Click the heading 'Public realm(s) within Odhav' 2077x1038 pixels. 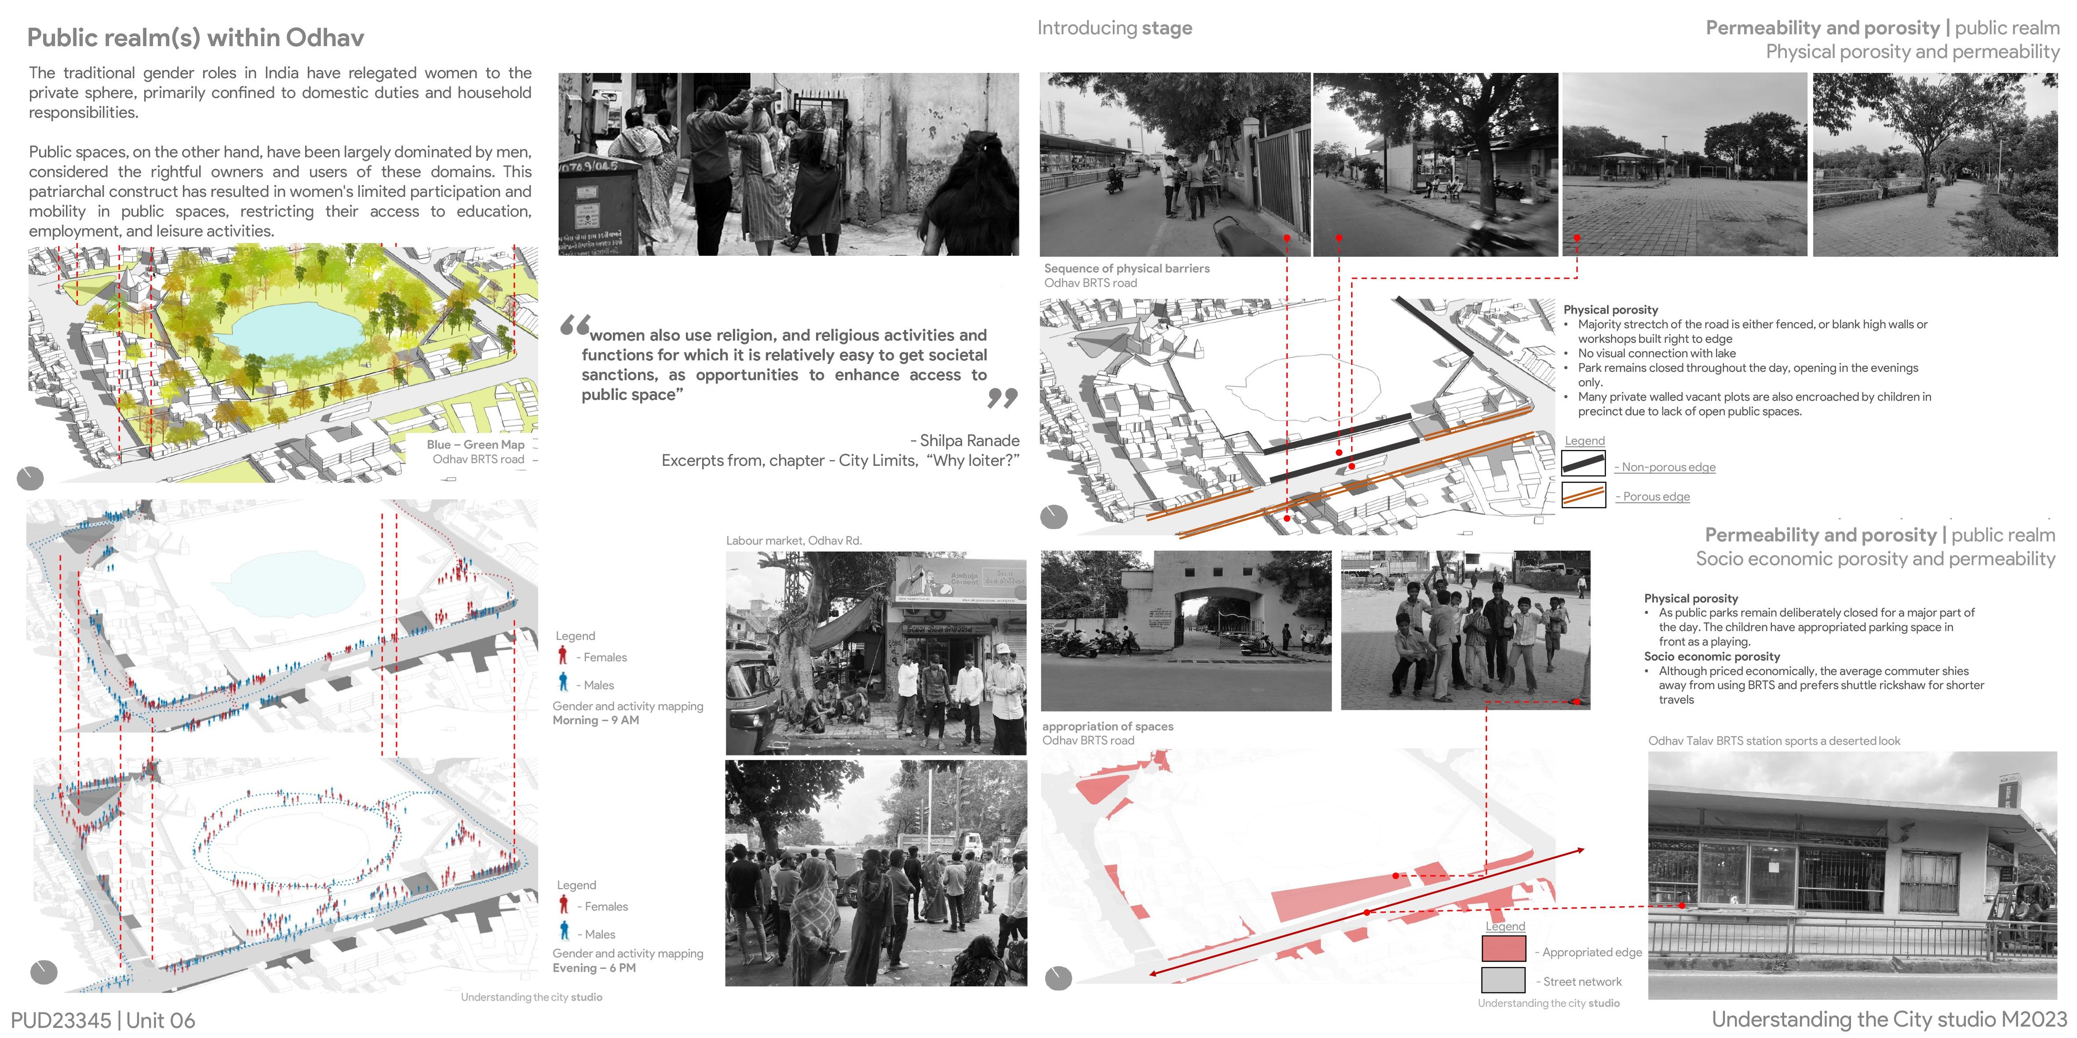point(196,38)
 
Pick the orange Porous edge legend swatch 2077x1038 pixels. point(1584,494)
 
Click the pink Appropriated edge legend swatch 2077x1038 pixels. point(1504,948)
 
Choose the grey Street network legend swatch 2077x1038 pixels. point(1504,979)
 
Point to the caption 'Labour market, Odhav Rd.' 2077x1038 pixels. point(794,541)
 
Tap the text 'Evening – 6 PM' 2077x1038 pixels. point(594,968)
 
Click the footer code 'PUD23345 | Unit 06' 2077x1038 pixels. point(103,1020)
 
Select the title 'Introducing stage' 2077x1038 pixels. point(1114,28)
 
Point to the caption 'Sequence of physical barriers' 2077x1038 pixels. point(1126,269)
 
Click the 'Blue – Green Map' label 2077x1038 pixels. point(476,445)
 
